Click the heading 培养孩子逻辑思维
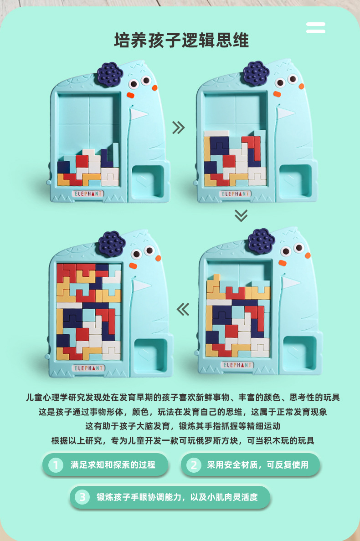tap(181, 40)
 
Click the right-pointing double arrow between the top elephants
tap(179, 128)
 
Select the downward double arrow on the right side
tap(241, 215)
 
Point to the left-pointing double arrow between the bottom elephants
tap(183, 309)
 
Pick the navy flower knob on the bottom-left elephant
tap(112, 243)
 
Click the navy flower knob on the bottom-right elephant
tap(261, 240)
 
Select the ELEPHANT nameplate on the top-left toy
tap(88, 194)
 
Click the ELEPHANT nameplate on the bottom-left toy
tap(89, 368)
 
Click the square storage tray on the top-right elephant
tap(296, 181)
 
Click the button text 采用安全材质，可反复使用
tap(257, 465)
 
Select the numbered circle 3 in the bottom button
tap(82, 497)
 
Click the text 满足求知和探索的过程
tap(113, 465)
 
